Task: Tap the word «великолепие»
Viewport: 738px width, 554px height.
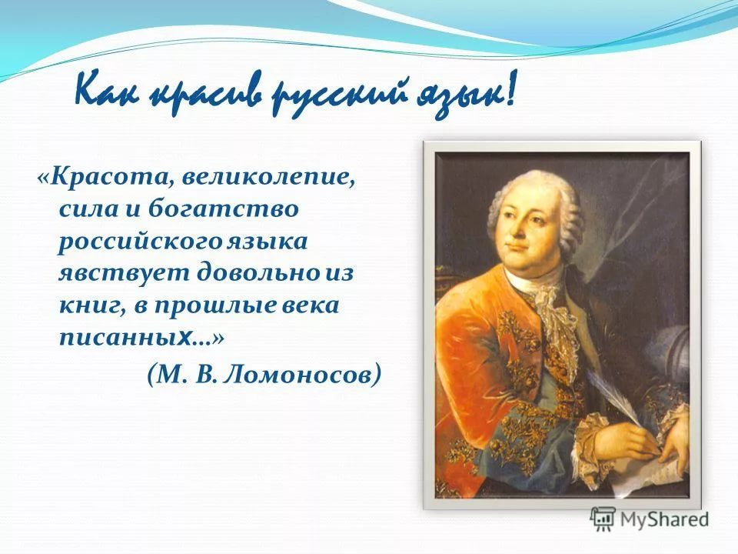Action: coord(267,178)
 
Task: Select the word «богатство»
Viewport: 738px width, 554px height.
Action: coord(224,208)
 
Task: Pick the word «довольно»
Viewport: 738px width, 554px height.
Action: coord(258,272)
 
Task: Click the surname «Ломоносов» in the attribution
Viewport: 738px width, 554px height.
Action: coord(297,374)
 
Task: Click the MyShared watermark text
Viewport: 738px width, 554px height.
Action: coord(664,519)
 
